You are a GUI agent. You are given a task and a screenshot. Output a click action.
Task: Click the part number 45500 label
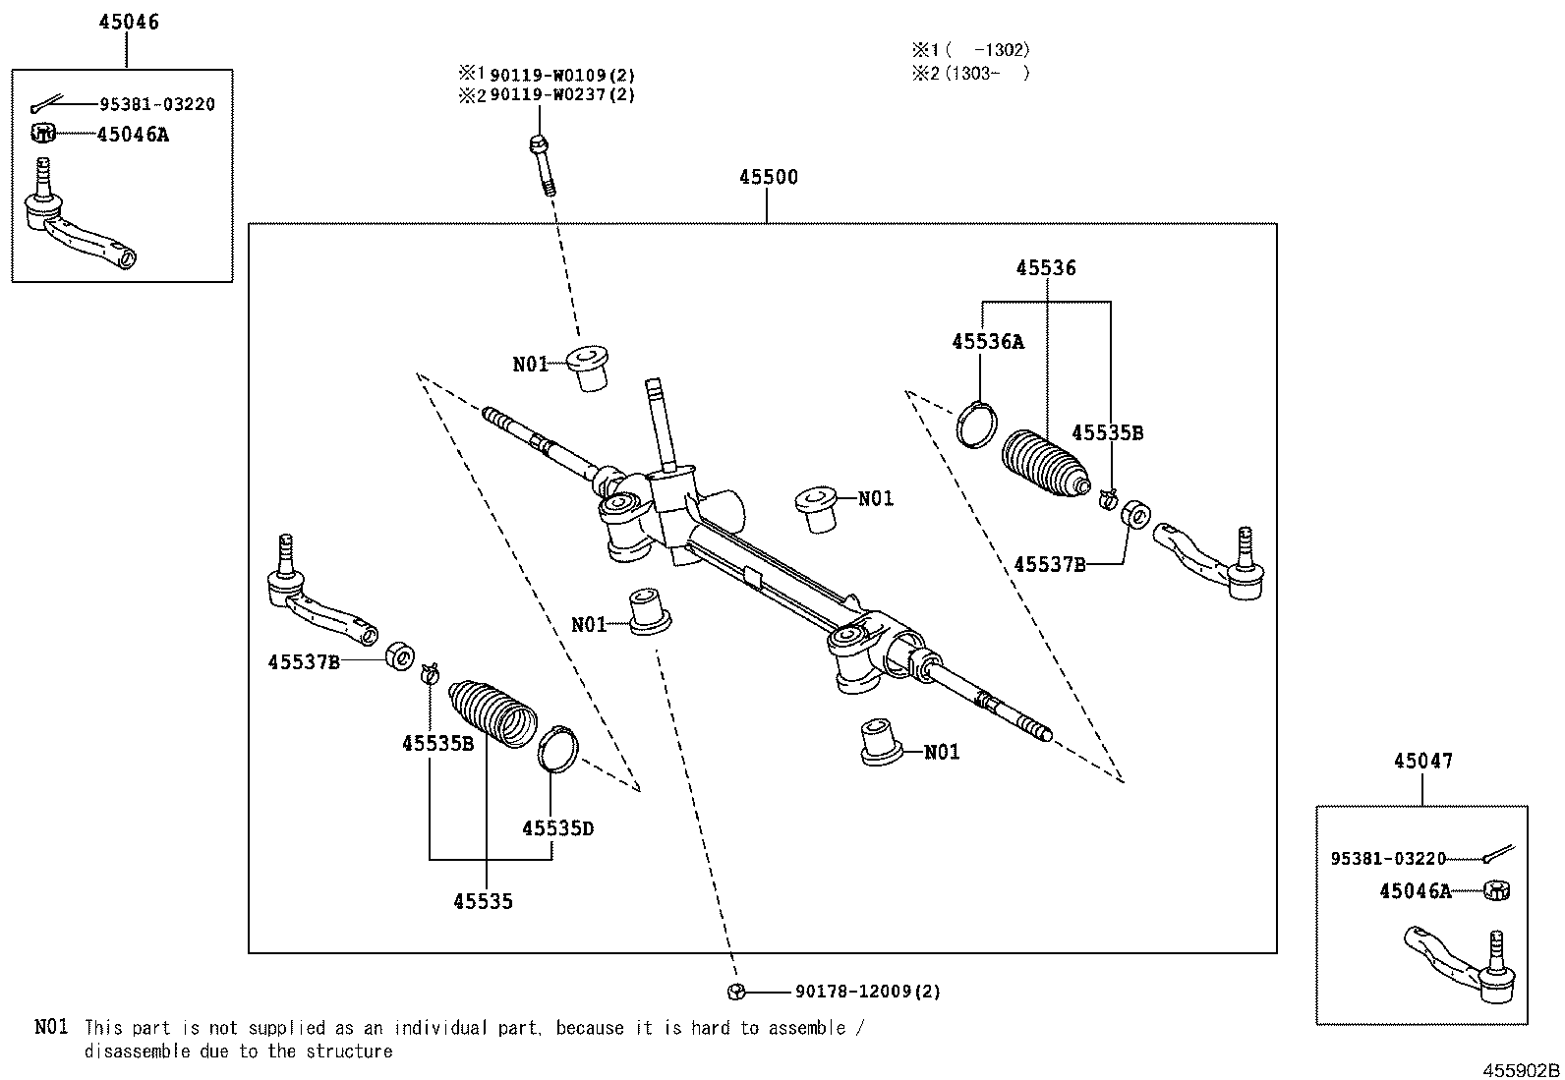coord(768,178)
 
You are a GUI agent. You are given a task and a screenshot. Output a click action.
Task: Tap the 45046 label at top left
coord(128,22)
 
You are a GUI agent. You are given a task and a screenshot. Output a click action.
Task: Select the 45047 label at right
coord(1422,760)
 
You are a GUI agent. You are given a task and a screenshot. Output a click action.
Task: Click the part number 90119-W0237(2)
coord(561,95)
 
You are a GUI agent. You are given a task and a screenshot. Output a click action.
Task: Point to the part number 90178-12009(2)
coord(868,992)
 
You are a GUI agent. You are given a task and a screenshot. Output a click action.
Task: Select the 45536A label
coord(987,342)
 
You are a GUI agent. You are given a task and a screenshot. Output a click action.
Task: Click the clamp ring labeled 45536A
coord(977,425)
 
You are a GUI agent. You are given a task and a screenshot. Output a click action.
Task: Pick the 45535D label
coord(557,828)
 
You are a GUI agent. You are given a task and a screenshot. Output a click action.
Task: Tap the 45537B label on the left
coord(304,662)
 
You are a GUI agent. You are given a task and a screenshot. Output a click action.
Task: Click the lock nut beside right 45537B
coord(1136,514)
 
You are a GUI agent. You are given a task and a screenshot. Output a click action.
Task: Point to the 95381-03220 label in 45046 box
coord(156,104)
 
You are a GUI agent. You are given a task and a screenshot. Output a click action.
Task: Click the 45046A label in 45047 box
coord(1415,891)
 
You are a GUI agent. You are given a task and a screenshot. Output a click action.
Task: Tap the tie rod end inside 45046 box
coord(79,224)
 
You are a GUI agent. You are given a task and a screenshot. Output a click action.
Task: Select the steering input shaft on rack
coord(658,423)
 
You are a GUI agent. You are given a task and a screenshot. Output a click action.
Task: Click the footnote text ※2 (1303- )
coord(970,73)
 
